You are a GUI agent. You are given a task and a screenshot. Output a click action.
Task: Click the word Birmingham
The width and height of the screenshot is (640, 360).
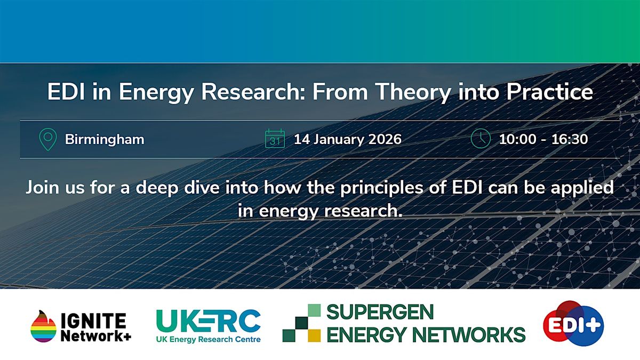tap(105, 140)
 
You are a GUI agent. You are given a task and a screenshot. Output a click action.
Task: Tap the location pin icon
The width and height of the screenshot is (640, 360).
tap(48, 139)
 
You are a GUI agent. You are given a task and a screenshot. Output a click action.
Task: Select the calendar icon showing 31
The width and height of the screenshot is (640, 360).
tap(275, 139)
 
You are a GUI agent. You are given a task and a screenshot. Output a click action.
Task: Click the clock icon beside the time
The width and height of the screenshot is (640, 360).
tap(480, 139)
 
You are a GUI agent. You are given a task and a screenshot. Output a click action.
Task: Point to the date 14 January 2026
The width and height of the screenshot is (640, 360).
tap(347, 140)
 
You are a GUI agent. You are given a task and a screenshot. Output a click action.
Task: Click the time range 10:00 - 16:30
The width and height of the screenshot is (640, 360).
tap(543, 140)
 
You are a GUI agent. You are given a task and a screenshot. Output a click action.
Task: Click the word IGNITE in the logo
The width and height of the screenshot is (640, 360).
tap(93, 320)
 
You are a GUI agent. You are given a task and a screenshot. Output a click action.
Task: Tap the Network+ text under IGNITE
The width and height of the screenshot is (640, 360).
tap(95, 336)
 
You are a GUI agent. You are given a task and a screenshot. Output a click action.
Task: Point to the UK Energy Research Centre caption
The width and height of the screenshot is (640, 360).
tap(208, 340)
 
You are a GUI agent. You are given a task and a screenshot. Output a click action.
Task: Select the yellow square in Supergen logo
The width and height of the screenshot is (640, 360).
tap(314, 335)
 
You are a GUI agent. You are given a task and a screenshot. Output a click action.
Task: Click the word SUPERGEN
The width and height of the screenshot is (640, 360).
tap(380, 312)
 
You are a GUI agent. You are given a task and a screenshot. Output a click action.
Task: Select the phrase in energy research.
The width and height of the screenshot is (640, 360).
tap(320, 210)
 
